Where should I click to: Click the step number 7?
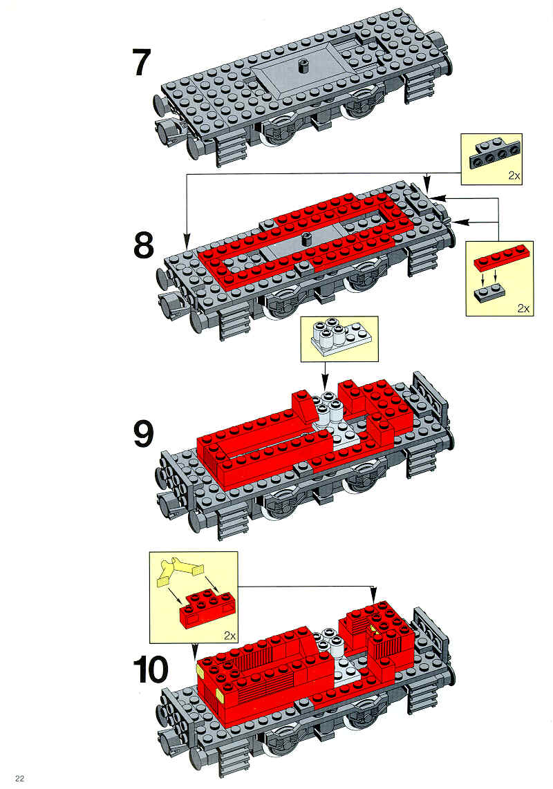pos(142,63)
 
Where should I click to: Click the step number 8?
pos(144,245)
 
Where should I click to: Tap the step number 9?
pos(144,434)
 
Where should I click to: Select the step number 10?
pos(151,669)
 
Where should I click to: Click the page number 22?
pos(19,779)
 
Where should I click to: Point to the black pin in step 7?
pos(303,66)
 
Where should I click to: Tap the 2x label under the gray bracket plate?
pos(514,176)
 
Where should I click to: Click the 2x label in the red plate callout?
pos(524,308)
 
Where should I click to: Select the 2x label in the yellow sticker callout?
pos(229,636)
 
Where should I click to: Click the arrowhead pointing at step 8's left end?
pos(187,241)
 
